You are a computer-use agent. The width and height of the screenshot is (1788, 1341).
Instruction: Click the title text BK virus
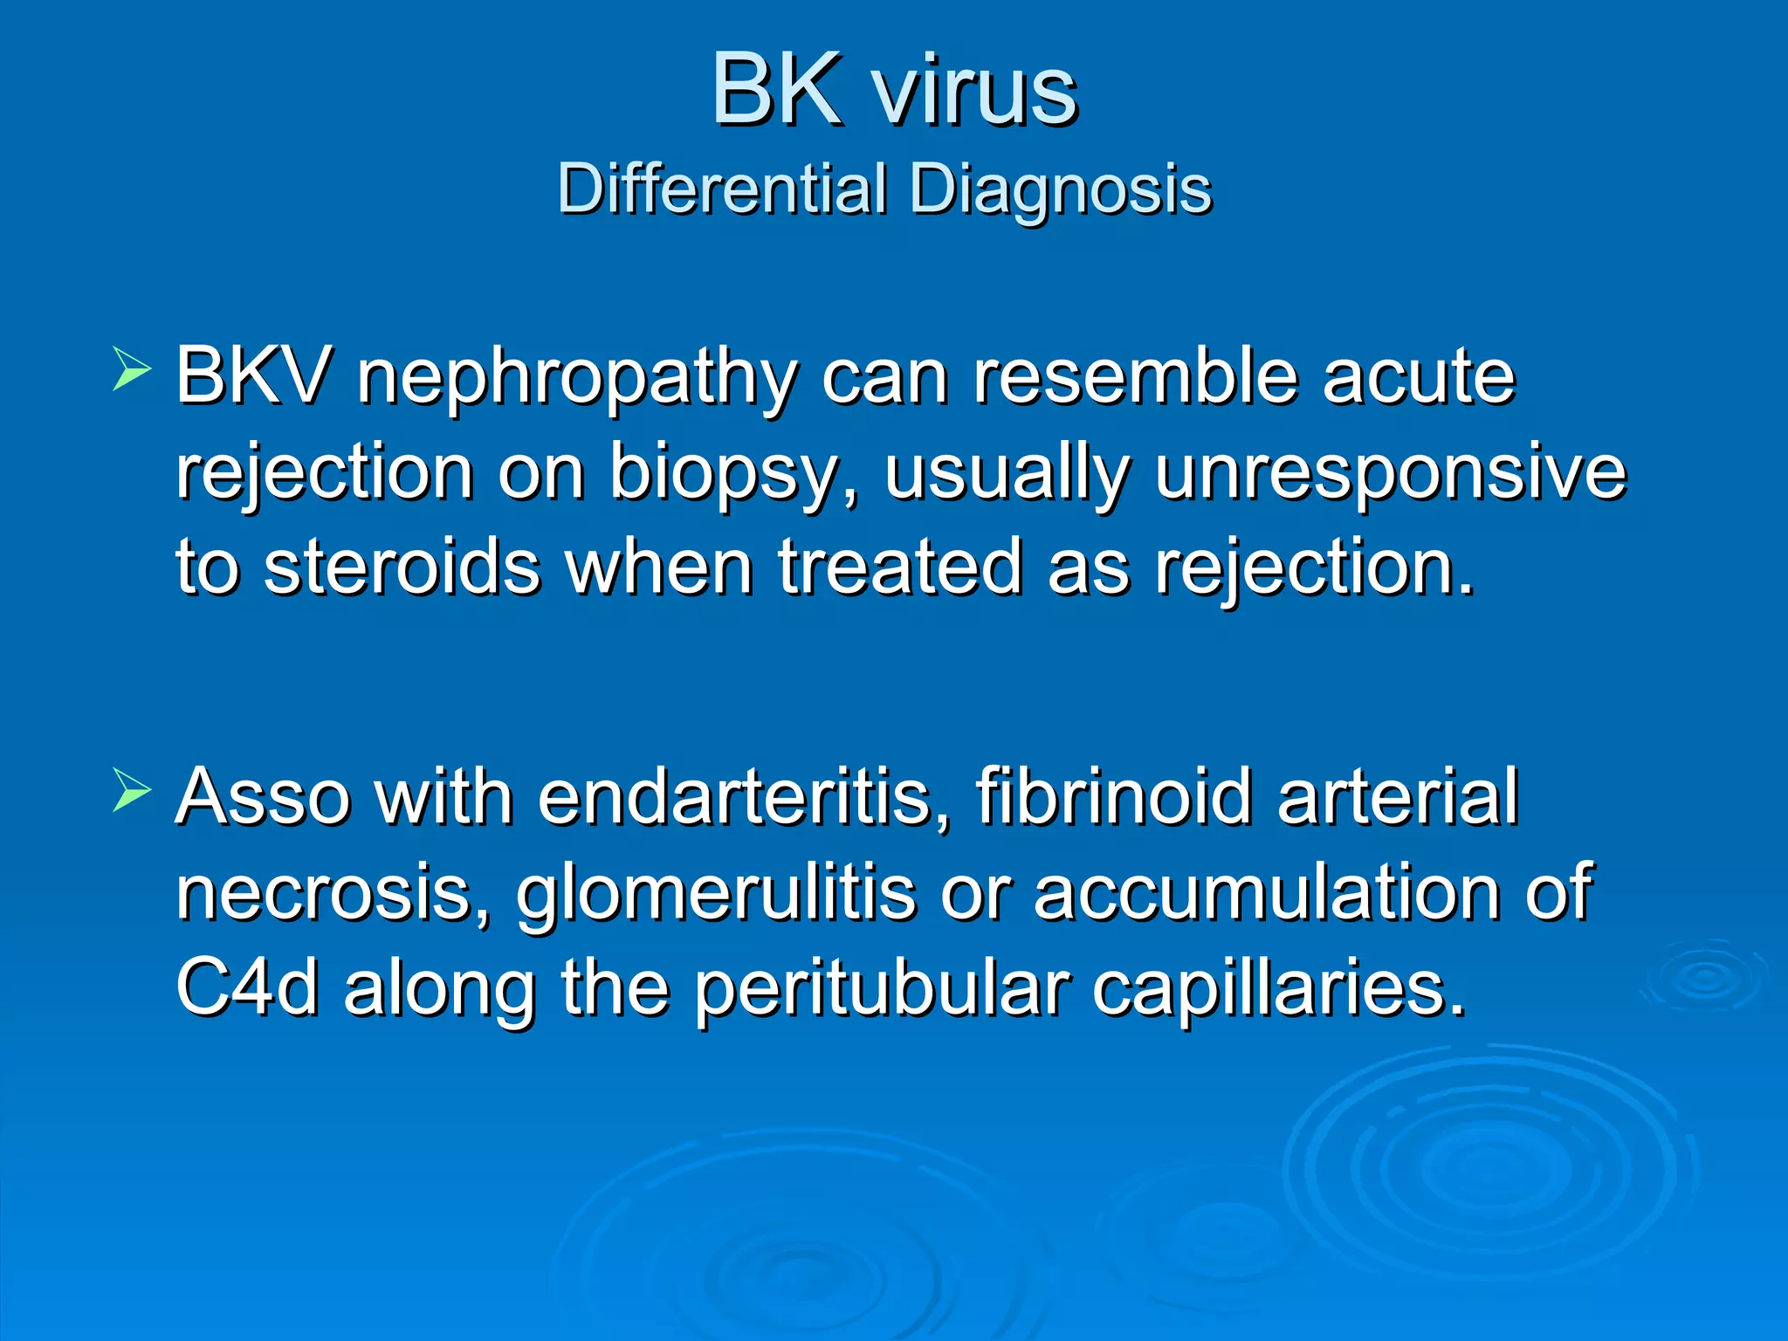pos(894,90)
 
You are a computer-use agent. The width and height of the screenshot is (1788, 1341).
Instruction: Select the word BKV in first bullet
pos(253,376)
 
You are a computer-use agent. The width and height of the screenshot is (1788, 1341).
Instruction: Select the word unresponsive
pos(1390,473)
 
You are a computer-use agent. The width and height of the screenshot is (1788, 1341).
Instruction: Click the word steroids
pos(402,567)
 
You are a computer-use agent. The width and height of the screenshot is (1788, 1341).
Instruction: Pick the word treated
pos(899,567)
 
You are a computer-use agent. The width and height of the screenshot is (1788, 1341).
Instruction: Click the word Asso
pos(263,797)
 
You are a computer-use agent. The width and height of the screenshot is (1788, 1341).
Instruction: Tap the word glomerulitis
pos(716,894)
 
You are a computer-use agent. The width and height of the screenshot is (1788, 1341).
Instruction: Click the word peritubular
pos(882,991)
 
